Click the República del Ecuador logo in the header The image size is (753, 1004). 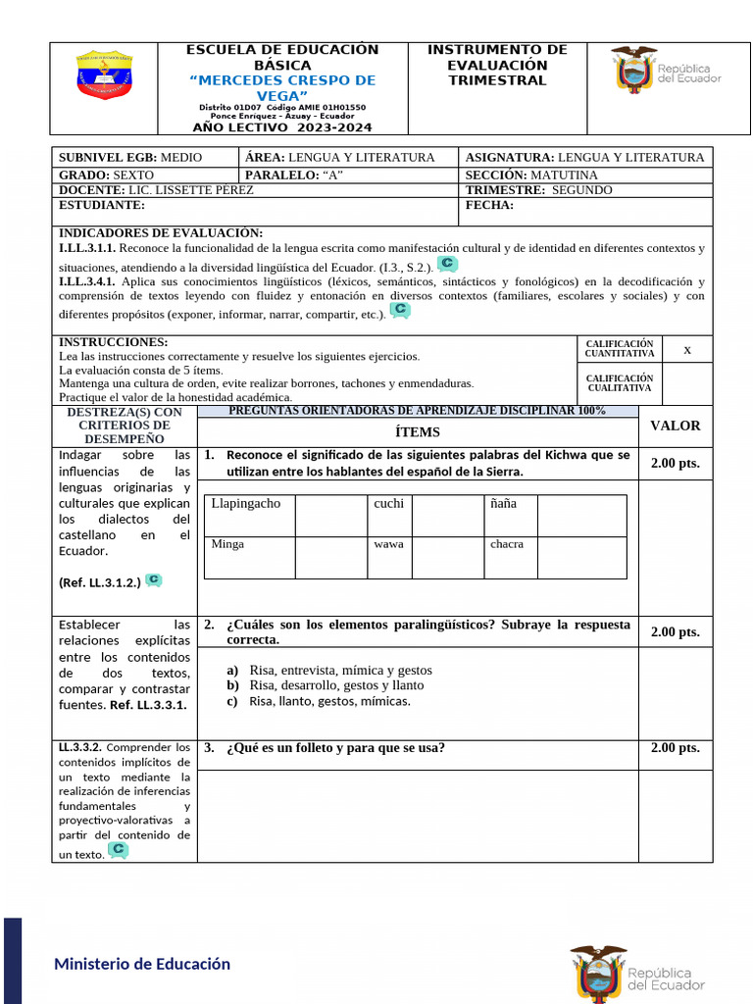pyautogui.click(x=666, y=72)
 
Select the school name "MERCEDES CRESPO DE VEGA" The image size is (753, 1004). pyautogui.click(x=281, y=88)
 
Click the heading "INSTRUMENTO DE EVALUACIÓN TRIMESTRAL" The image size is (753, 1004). pyautogui.click(x=497, y=65)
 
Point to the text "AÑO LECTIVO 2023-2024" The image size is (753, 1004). pyautogui.click(x=282, y=127)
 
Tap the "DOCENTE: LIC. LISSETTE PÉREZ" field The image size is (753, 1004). pyautogui.click(x=156, y=190)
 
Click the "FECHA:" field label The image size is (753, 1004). pyautogui.click(x=489, y=206)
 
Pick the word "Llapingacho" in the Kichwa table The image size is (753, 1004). pyautogui.click(x=246, y=504)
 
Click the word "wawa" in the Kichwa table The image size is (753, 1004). pyautogui.click(x=388, y=544)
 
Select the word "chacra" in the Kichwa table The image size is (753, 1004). pyautogui.click(x=507, y=544)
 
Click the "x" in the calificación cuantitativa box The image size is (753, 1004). pyautogui.click(x=686, y=349)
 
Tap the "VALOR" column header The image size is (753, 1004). pyautogui.click(x=676, y=426)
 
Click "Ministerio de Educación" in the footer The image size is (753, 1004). pyautogui.click(x=142, y=964)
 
